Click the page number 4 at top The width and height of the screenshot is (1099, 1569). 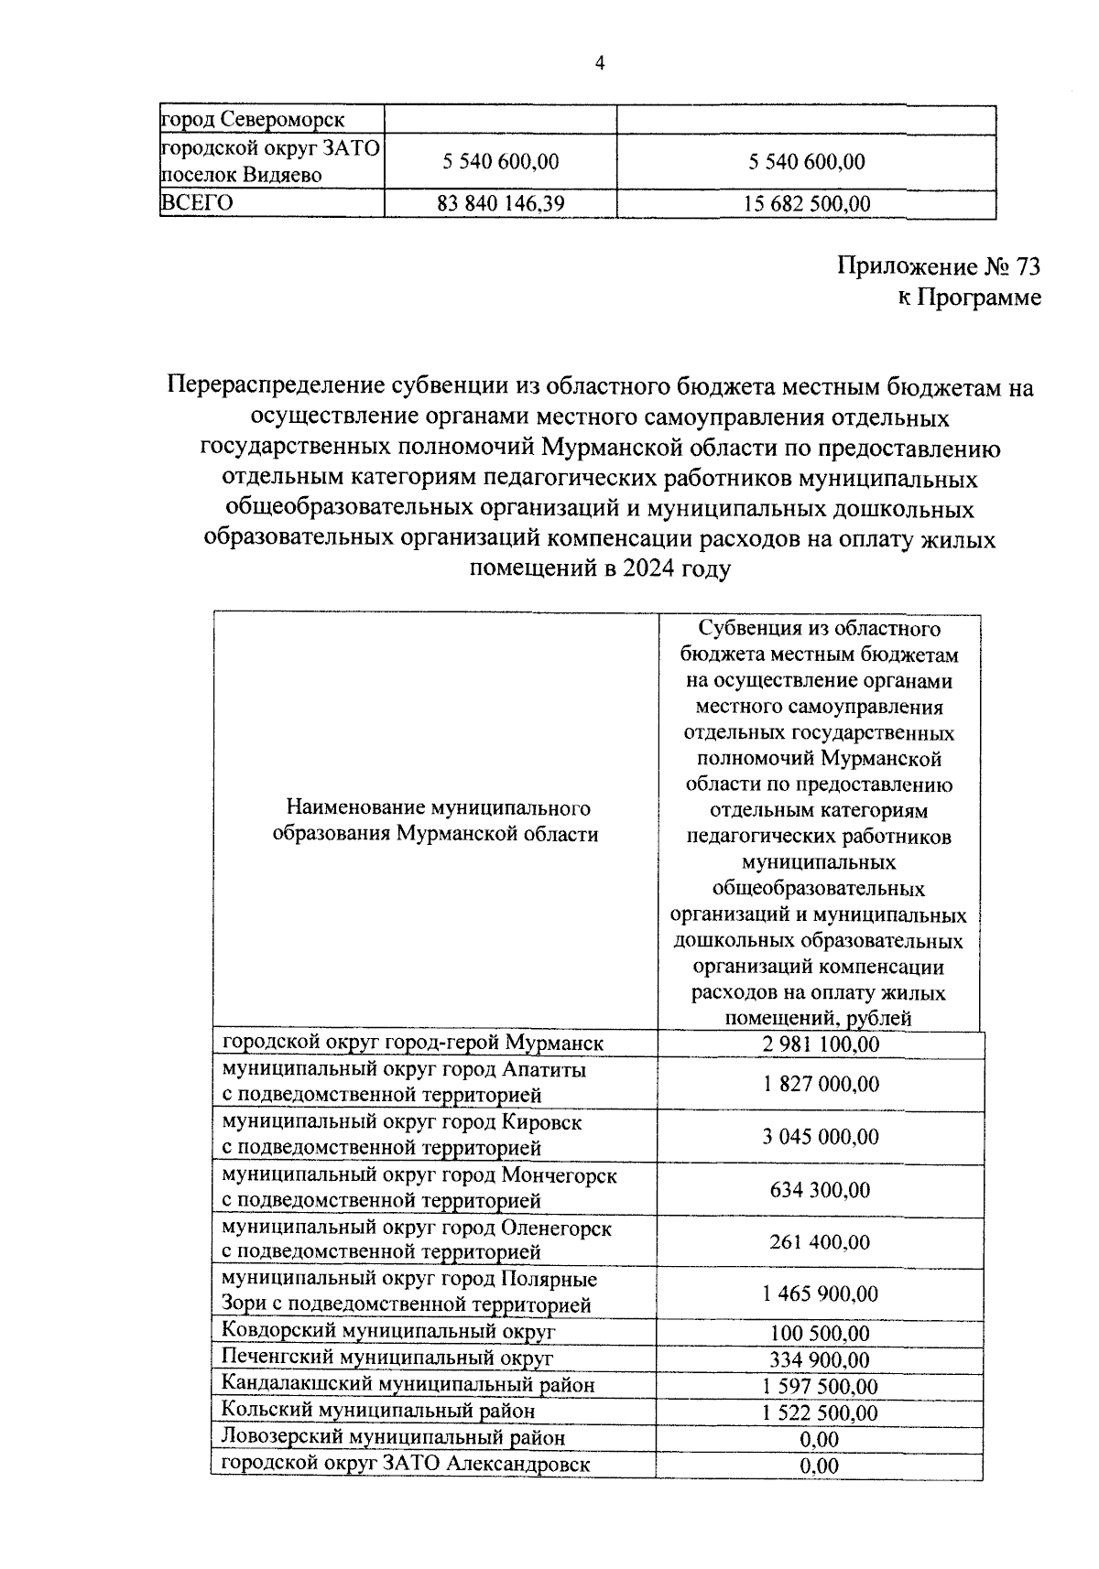tap(600, 62)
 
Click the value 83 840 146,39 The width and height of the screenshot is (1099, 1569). tap(500, 203)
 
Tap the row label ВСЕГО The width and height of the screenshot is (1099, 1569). tap(197, 202)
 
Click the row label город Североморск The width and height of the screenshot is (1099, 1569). tap(253, 120)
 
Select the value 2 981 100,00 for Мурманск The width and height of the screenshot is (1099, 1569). tap(820, 1044)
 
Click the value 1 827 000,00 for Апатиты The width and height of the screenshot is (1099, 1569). tap(820, 1084)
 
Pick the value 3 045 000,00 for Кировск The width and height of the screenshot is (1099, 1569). tap(820, 1137)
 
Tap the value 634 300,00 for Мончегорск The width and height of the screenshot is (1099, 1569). tap(820, 1190)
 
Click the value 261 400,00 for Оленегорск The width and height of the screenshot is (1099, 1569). tap(820, 1242)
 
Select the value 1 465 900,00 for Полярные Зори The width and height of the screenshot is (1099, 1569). tap(820, 1293)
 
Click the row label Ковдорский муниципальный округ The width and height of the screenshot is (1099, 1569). tap(389, 1331)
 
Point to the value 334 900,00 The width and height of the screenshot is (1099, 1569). tap(820, 1360)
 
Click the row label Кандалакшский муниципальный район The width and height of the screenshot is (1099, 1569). tap(408, 1385)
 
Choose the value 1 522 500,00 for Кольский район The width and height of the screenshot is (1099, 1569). tap(820, 1413)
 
